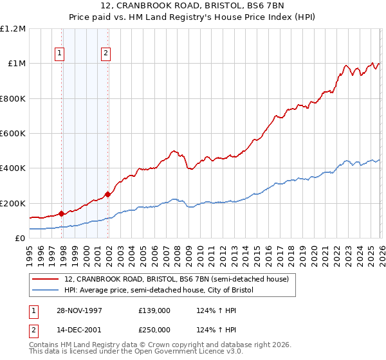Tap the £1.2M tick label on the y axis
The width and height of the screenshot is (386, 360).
(13, 29)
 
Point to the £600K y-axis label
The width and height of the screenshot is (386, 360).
(13, 134)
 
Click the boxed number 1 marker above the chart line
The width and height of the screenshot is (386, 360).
(59, 54)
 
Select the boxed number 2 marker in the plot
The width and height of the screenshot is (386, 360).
(105, 54)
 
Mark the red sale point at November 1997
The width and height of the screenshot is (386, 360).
(62, 213)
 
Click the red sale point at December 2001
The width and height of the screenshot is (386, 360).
(107, 194)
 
